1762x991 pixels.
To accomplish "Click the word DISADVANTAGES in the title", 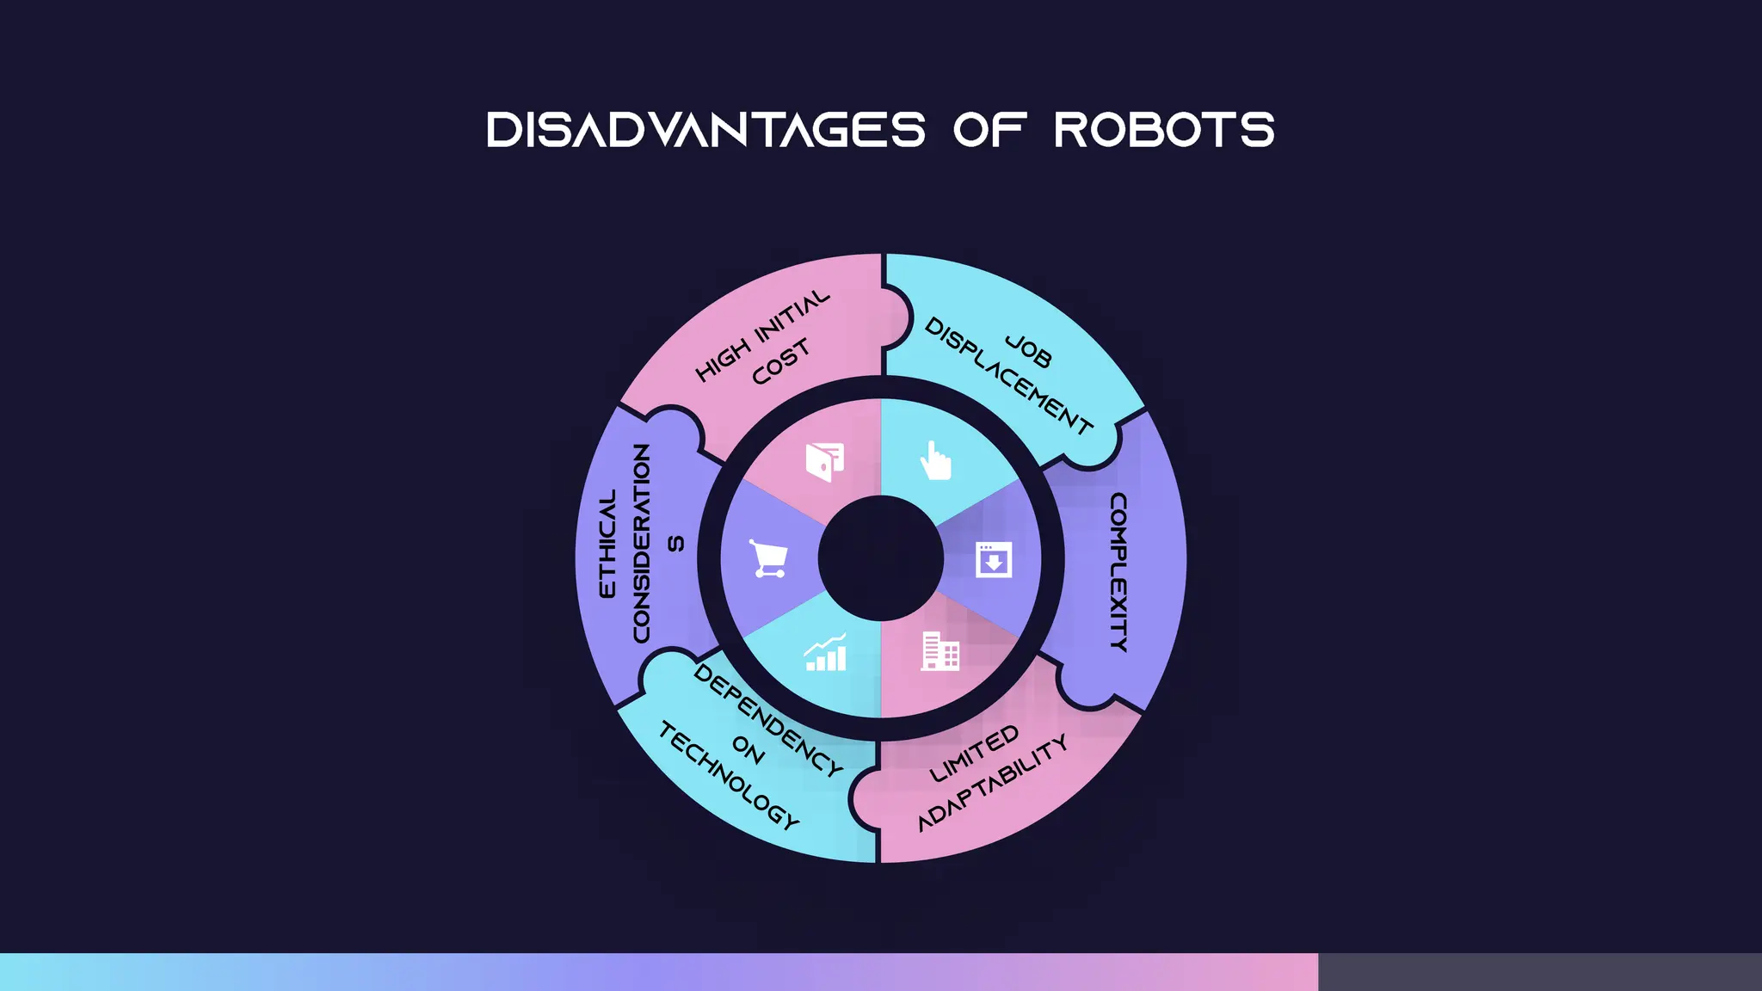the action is [x=705, y=130].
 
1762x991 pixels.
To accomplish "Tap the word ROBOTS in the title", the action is [x=1164, y=130].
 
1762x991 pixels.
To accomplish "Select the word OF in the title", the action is [x=989, y=130].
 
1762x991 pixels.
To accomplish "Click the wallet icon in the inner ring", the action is [x=824, y=462].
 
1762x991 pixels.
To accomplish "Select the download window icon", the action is [x=994, y=559].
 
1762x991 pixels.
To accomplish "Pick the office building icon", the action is [x=940, y=651].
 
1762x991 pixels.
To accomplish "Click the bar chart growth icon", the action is [x=825, y=653].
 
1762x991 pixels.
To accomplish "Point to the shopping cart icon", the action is [x=767, y=559].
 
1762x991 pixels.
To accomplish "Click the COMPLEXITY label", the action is [x=1118, y=572].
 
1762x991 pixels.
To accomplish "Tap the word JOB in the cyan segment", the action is [x=1028, y=350].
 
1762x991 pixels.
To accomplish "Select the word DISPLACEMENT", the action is [x=1008, y=377].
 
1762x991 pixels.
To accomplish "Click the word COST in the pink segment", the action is [x=780, y=361].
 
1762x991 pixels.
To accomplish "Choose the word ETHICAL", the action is [x=607, y=544].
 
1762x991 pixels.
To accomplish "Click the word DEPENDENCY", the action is [x=768, y=720].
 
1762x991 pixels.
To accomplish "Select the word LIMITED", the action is [x=975, y=754].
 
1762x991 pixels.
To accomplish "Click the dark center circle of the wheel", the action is [x=880, y=558].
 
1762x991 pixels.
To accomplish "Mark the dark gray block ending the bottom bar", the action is [x=1539, y=972].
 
